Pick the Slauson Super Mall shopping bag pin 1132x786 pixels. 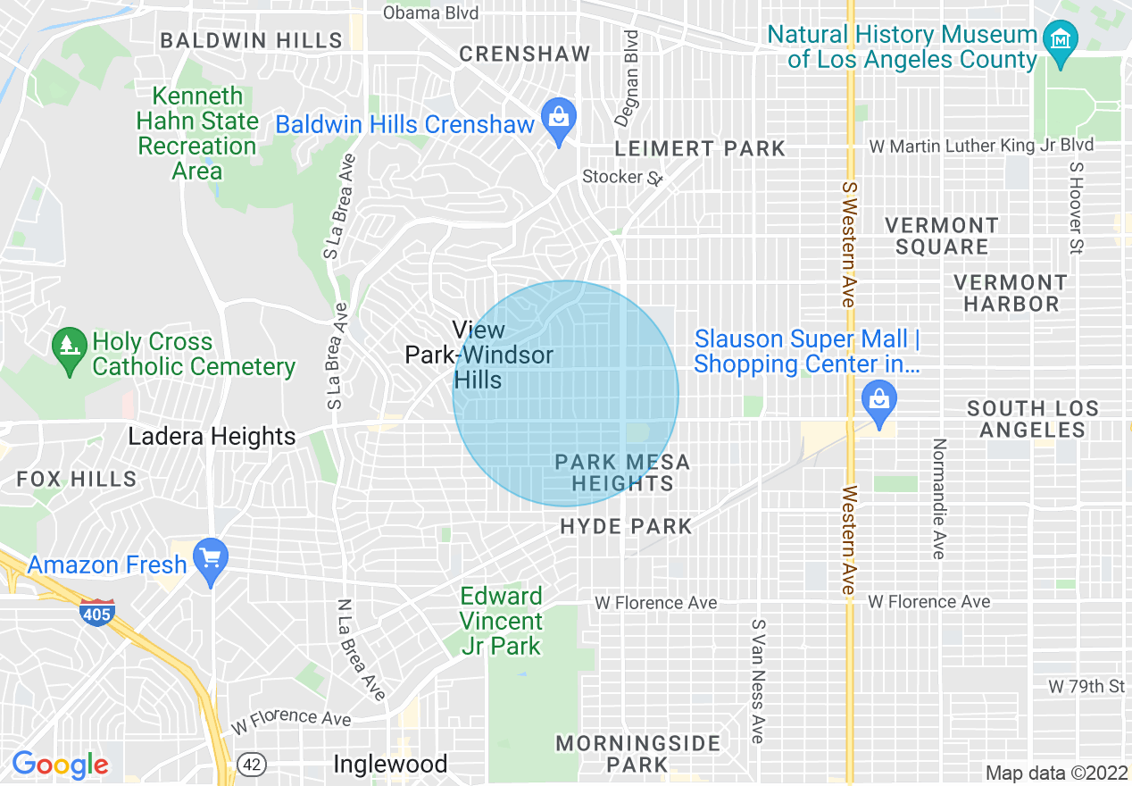pos(880,401)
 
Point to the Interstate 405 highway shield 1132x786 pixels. pos(96,613)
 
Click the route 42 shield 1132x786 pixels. pos(253,765)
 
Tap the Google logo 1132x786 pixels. pos(61,765)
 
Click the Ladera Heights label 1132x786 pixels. pos(212,437)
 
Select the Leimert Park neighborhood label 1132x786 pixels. pos(701,148)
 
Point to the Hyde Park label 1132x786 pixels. pos(626,526)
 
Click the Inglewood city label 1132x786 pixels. pos(390,765)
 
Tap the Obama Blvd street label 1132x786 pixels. pos(430,13)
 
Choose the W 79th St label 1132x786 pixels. pos(1086,686)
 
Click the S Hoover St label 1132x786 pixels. pos(1076,206)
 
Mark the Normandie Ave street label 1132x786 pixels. pos(937,499)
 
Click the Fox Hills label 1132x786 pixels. pos(77,479)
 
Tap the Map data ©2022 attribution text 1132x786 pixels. pos(1054,773)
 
